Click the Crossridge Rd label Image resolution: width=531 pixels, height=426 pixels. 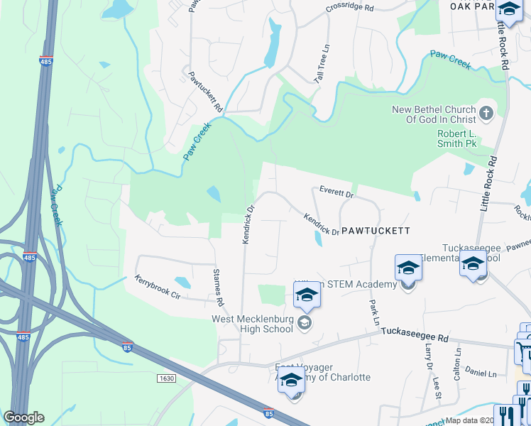(x=349, y=8)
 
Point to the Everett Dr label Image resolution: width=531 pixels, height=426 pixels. (x=336, y=191)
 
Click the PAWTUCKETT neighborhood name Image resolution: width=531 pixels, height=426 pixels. (x=376, y=231)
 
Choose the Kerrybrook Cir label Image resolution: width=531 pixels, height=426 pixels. (x=155, y=286)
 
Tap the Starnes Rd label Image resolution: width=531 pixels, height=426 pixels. (x=219, y=288)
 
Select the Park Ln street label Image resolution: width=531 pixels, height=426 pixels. (x=373, y=312)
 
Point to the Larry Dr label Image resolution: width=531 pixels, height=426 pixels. (x=428, y=356)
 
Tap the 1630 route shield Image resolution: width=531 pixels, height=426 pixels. (x=166, y=378)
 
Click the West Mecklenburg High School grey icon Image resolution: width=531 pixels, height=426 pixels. (x=305, y=324)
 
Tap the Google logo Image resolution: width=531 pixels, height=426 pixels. (x=24, y=417)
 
